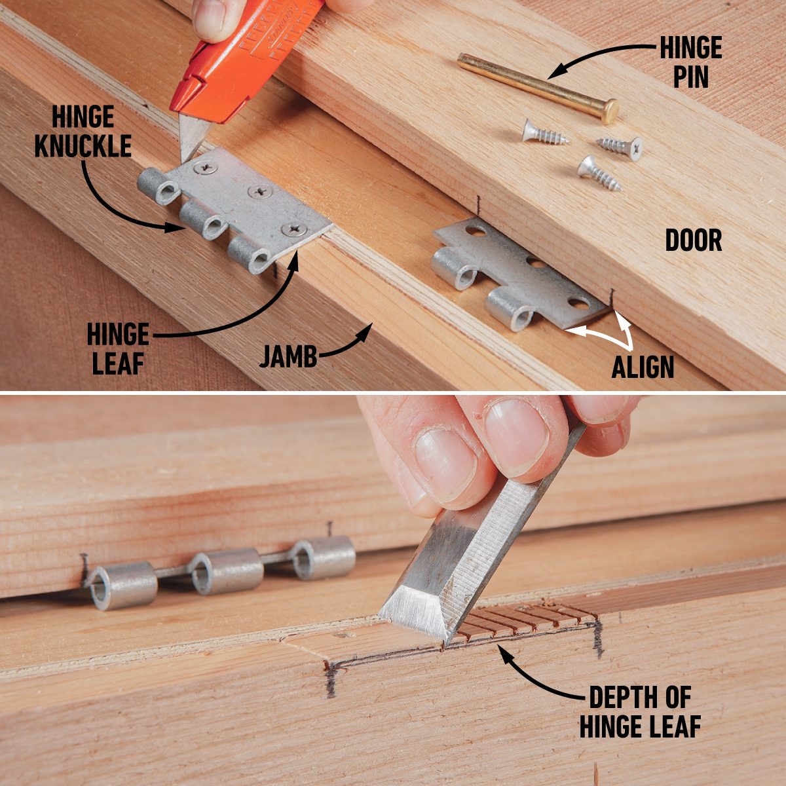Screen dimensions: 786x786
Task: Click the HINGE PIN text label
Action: (690, 63)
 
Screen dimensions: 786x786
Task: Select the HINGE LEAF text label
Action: (118, 350)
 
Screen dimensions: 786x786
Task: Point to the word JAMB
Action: (288, 357)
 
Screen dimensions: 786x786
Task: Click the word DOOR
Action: (694, 241)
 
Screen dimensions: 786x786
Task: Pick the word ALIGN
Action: (643, 367)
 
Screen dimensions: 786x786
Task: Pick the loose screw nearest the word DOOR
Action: (597, 172)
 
